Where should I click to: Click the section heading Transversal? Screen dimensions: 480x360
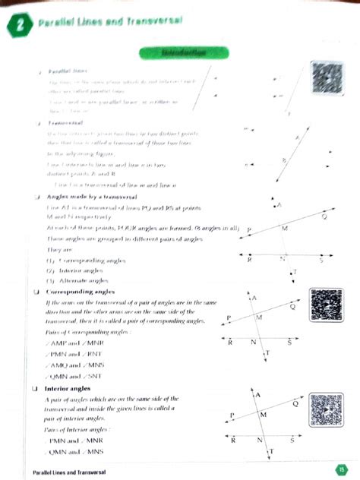click(x=65, y=122)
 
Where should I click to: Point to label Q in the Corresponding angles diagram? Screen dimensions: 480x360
click(x=291, y=308)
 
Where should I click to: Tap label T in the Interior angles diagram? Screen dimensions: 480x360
click(x=270, y=453)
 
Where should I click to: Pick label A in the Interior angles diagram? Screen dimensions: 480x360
click(x=259, y=396)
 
